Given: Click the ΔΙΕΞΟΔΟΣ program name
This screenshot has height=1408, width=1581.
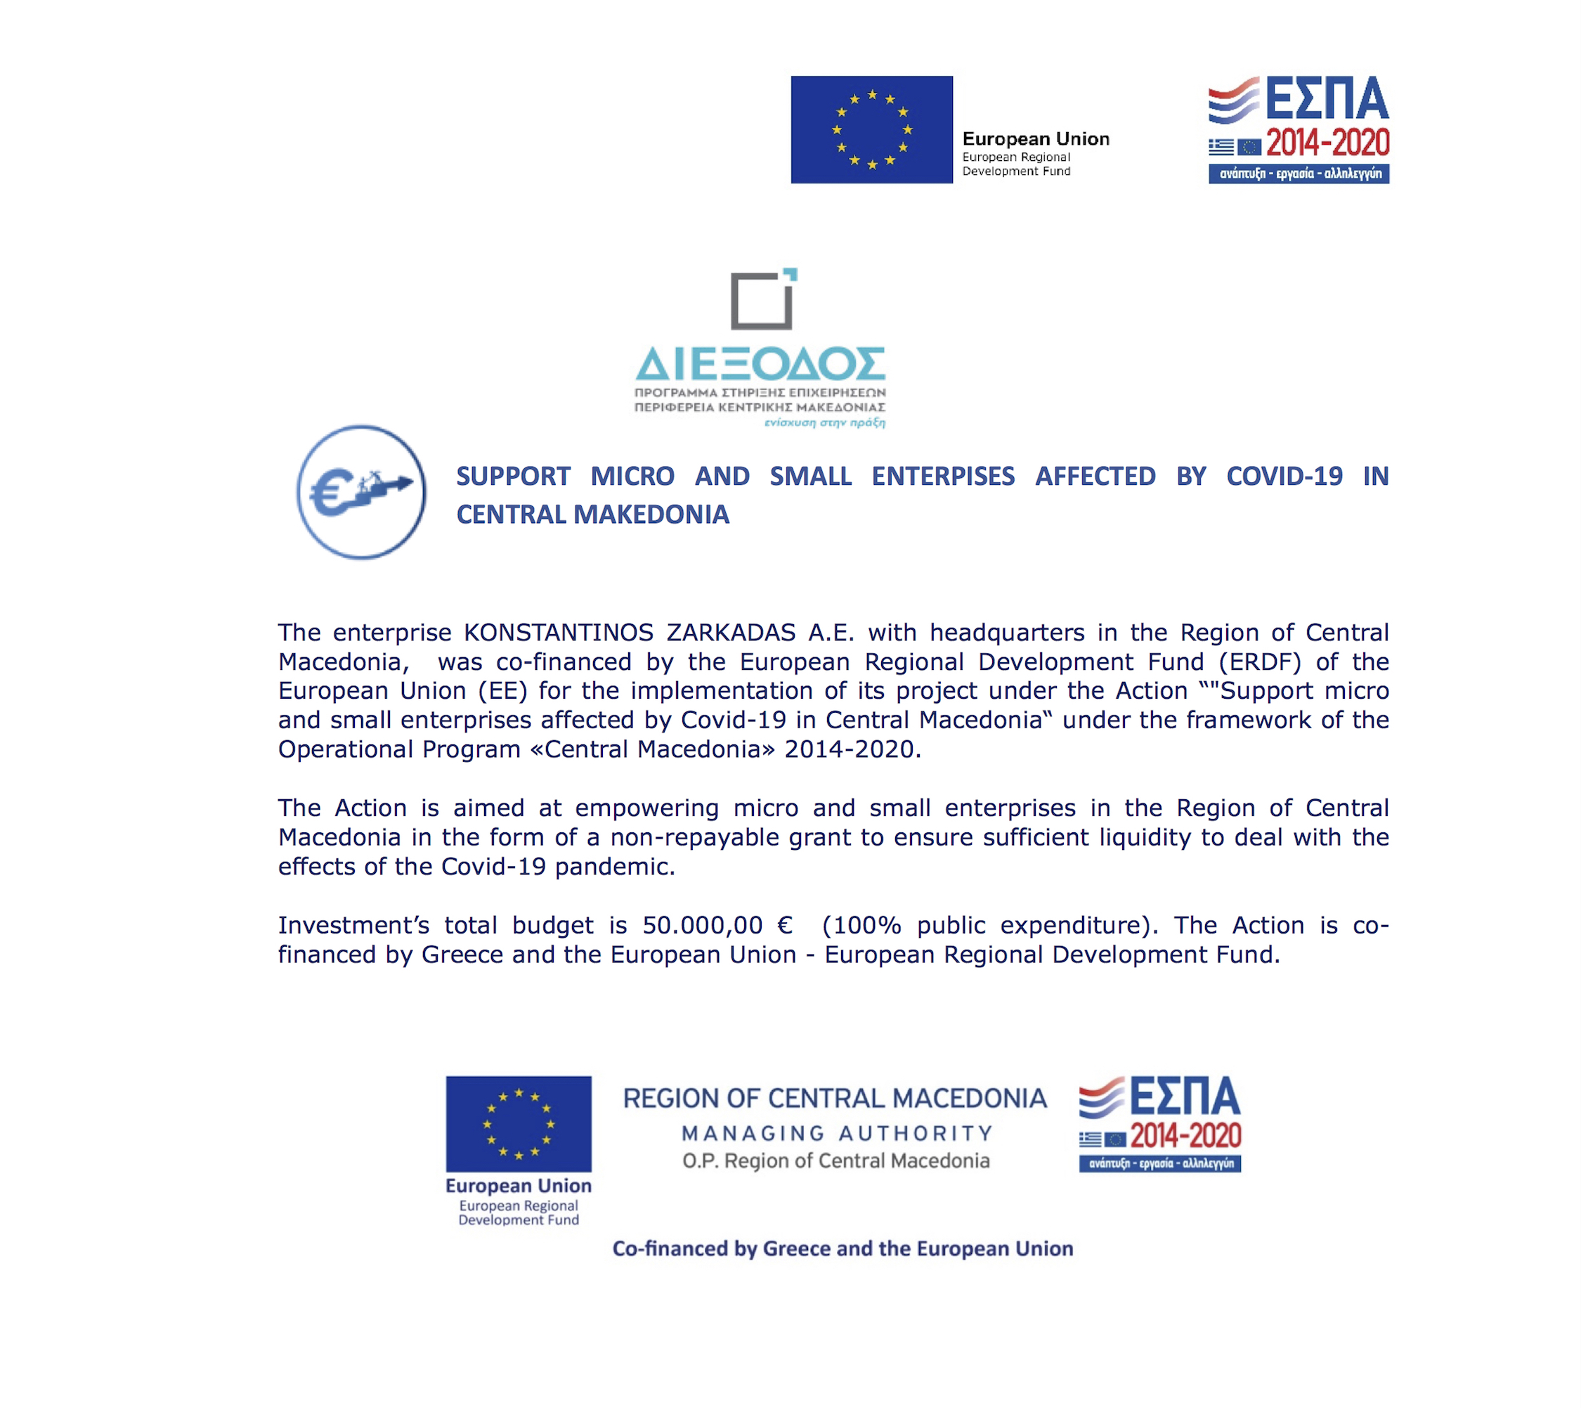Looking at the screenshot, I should [x=760, y=364].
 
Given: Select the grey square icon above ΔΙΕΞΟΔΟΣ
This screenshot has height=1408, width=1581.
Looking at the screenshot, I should [x=762, y=300].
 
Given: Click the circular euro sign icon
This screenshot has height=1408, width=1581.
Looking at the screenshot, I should [x=361, y=492].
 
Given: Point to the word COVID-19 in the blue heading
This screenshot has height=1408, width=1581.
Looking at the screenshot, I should [x=1284, y=477].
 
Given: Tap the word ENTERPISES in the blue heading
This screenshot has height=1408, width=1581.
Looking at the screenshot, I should [x=943, y=477].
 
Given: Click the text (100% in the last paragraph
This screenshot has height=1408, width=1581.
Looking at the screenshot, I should [x=861, y=925].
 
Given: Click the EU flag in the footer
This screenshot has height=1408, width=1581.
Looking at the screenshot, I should [x=519, y=1123].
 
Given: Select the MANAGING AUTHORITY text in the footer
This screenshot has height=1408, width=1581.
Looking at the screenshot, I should [x=837, y=1133].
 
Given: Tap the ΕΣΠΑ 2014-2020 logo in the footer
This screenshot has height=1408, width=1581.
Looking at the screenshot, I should [x=1159, y=1123].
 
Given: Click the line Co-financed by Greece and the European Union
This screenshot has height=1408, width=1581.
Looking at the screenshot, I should [x=842, y=1248].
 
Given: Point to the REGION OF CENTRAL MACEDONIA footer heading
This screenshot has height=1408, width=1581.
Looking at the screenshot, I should [x=835, y=1099].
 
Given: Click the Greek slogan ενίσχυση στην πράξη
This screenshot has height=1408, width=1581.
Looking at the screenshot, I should [x=824, y=422].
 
